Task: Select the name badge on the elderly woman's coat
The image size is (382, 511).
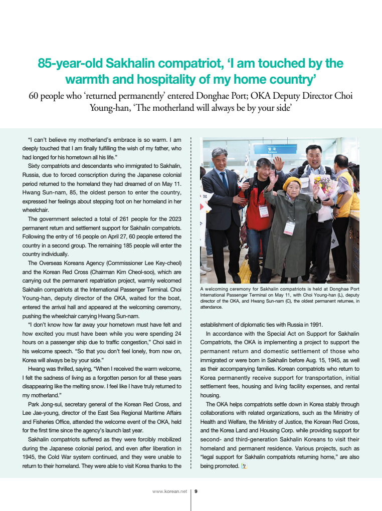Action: [289, 227]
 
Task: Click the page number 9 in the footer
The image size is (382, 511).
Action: [196, 491]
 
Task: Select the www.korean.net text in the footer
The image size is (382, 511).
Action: [169, 491]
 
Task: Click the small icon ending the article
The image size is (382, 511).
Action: [244, 466]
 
